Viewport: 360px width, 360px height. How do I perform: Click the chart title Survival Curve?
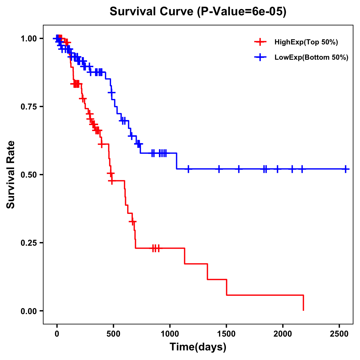[198, 11]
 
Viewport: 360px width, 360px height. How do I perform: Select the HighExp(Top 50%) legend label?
[306, 42]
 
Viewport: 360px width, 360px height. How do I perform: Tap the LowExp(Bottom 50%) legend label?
[311, 57]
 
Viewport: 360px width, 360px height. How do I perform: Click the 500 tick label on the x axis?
[113, 334]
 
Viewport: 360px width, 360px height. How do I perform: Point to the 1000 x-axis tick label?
[170, 334]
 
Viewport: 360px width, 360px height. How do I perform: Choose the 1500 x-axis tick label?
[226, 334]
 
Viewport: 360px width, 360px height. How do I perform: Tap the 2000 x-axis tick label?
[283, 334]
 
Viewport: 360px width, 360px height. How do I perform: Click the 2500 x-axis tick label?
[339, 334]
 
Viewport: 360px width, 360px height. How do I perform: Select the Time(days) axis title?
[198, 347]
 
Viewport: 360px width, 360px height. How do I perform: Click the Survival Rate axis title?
[11, 174]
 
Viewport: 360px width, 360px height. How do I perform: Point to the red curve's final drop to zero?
[303, 303]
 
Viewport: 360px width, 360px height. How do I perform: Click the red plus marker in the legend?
[260, 42]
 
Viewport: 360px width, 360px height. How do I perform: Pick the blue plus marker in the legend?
[260, 57]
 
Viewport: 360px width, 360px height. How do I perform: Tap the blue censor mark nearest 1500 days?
[219, 169]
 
